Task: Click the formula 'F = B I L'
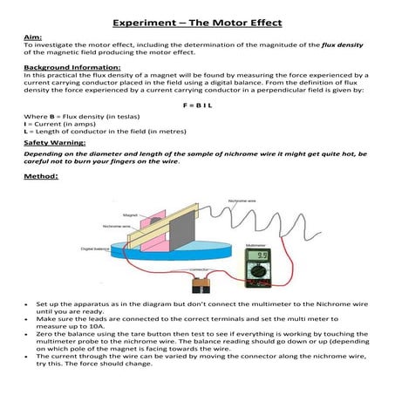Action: pyautogui.click(x=197, y=104)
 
